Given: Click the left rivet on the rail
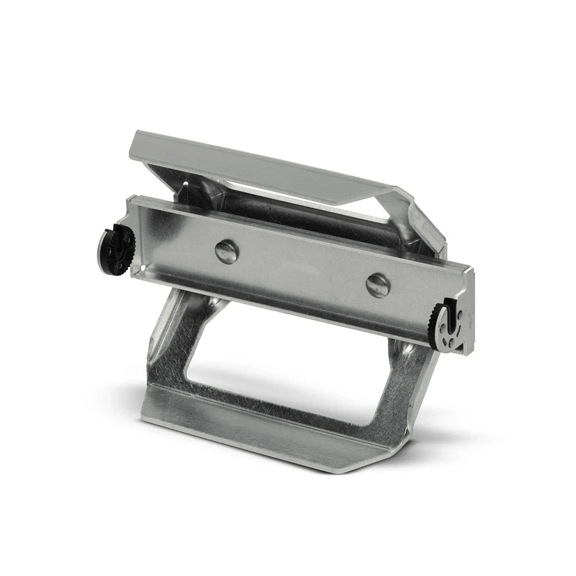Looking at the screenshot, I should pyautogui.click(x=226, y=251).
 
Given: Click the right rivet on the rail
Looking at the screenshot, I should pyautogui.click(x=378, y=284).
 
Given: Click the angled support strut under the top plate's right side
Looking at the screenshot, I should pyautogui.click(x=417, y=216).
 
